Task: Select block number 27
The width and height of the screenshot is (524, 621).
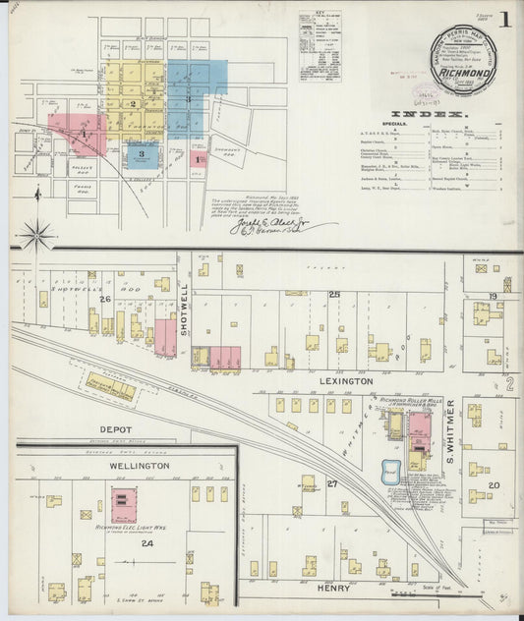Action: pos(332,483)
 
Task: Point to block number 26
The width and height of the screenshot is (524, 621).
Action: pos(103,299)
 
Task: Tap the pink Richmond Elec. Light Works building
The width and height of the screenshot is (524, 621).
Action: pos(123,503)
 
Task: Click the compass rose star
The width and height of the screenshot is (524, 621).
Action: pos(37,236)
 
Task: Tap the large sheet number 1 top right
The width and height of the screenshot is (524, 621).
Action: pos(503,20)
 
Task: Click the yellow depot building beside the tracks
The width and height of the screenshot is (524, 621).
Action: pos(110,386)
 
